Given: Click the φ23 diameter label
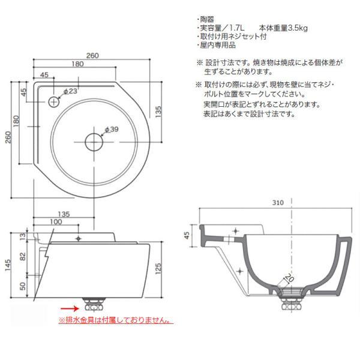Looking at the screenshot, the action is (70, 91).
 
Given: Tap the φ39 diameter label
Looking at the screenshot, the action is (112, 129).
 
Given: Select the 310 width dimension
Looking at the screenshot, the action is (278, 203).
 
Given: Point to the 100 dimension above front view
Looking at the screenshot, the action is (56, 222).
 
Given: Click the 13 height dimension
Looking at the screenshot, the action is (23, 236).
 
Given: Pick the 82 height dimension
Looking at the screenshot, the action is (23, 256).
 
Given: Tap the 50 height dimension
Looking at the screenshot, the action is (23, 286).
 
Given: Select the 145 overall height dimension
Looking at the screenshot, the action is (8, 265).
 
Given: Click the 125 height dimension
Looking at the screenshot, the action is (158, 269).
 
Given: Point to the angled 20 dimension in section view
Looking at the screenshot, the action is (290, 278).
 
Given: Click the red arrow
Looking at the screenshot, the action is (70, 308).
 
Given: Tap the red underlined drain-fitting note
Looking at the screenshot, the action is (115, 320).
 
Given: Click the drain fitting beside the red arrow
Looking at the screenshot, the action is (94, 304).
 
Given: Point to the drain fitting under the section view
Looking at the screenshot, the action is (292, 302).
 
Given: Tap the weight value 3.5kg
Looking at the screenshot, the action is (298, 28).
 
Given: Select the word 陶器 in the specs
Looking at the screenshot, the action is (207, 19).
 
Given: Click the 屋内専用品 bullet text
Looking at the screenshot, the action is (218, 45).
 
